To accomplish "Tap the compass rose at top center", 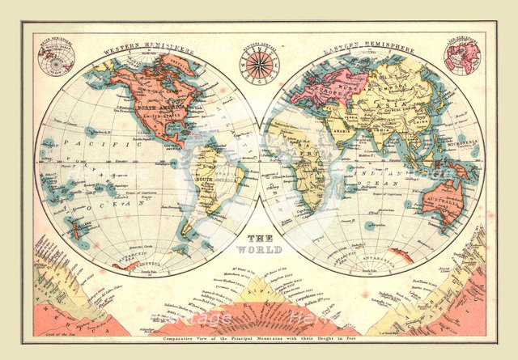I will pyautogui.click(x=260, y=65).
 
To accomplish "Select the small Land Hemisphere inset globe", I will pyautogui.click(x=462, y=57).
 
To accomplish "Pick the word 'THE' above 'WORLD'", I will pyautogui.click(x=259, y=239).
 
